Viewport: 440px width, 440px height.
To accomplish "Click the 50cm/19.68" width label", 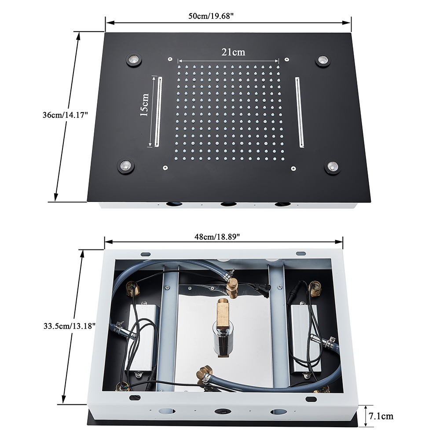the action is [x=211, y=16].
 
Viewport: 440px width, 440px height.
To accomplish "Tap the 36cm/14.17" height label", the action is [x=66, y=115].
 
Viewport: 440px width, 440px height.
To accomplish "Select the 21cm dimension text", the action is [x=233, y=52].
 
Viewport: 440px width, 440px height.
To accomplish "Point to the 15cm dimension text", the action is [x=144, y=105].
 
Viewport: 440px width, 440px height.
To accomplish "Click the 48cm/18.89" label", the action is [x=217, y=237].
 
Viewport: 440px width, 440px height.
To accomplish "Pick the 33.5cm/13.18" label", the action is [x=70, y=326].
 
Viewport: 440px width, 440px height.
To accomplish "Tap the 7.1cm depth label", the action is [x=381, y=416].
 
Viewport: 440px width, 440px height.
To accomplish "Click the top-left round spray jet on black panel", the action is [x=134, y=59].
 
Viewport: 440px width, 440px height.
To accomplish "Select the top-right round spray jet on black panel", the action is [x=323, y=60].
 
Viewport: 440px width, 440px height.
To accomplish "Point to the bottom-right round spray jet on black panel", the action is [x=333, y=166].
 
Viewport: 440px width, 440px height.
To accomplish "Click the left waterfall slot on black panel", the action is [x=158, y=112].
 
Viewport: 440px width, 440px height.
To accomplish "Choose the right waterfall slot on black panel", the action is [x=300, y=112].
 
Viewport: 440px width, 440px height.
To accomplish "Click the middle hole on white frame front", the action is [x=223, y=411].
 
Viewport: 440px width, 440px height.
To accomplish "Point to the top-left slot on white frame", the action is [x=146, y=254].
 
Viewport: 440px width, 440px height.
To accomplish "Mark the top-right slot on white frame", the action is [x=301, y=253].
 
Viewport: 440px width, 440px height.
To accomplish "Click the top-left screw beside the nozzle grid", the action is [x=170, y=59].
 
